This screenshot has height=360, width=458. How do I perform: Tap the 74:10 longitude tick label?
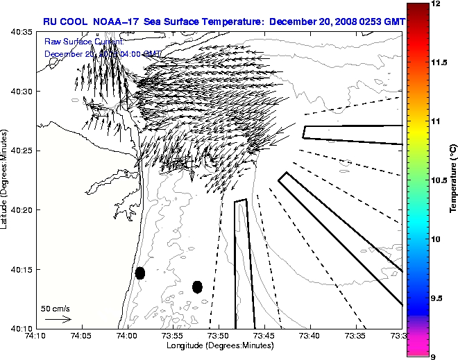pyautogui.click(x=36, y=336)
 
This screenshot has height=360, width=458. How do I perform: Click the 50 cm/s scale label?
pyautogui.click(x=55, y=308)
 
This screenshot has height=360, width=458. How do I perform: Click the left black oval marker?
pyautogui.click(x=140, y=273)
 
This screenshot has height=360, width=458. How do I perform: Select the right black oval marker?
pyautogui.click(x=197, y=286)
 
